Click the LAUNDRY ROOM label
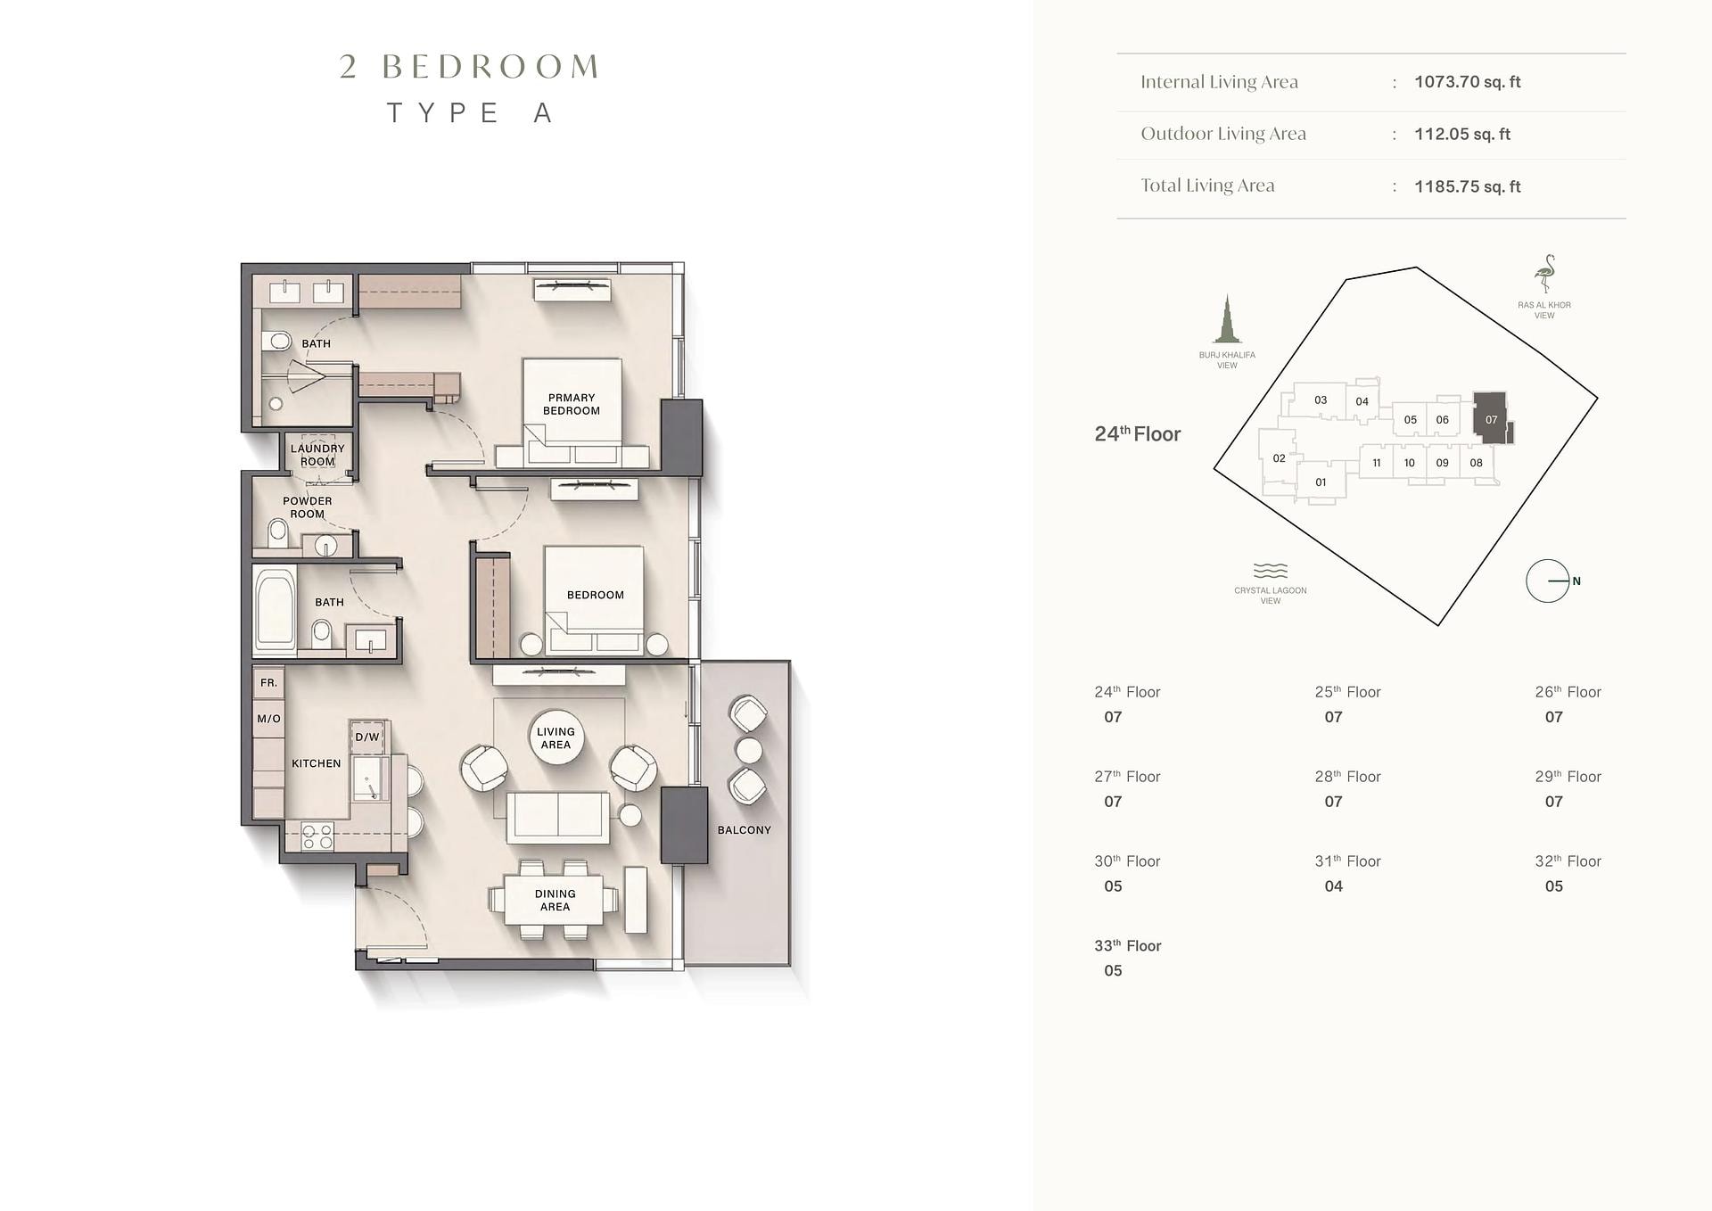click(317, 455)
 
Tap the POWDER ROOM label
click(308, 507)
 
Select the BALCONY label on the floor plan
click(745, 830)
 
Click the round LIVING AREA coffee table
click(556, 737)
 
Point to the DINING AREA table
click(555, 900)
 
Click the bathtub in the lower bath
click(276, 609)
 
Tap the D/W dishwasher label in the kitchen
click(367, 737)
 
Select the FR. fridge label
click(269, 683)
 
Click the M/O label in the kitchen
click(269, 719)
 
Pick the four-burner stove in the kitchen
click(317, 836)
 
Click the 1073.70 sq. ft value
click(1468, 82)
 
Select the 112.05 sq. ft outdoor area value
click(1462, 135)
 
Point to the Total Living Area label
click(1207, 185)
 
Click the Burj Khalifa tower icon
click(1227, 319)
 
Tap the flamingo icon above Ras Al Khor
click(1544, 275)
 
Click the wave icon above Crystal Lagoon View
click(1271, 571)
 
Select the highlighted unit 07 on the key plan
click(1492, 418)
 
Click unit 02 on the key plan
click(1279, 458)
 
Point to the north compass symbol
click(1548, 581)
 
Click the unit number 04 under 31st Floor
click(1334, 886)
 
